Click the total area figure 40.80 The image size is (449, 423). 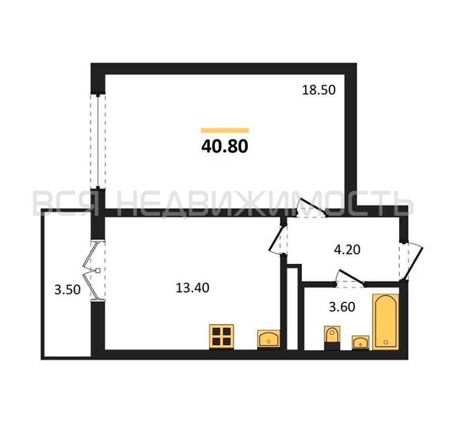[224, 145]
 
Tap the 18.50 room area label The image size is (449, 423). [320, 88]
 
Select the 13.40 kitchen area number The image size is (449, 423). [191, 288]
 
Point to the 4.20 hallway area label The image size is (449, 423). [347, 250]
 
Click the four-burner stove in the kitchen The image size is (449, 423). [222, 337]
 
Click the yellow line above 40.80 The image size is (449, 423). [224, 129]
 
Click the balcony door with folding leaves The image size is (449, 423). [91, 269]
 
